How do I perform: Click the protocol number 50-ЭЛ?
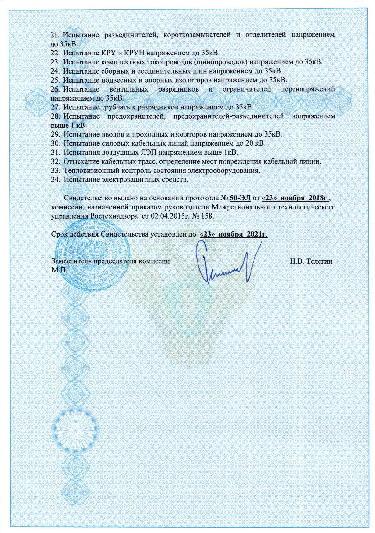pyautogui.click(x=240, y=198)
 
